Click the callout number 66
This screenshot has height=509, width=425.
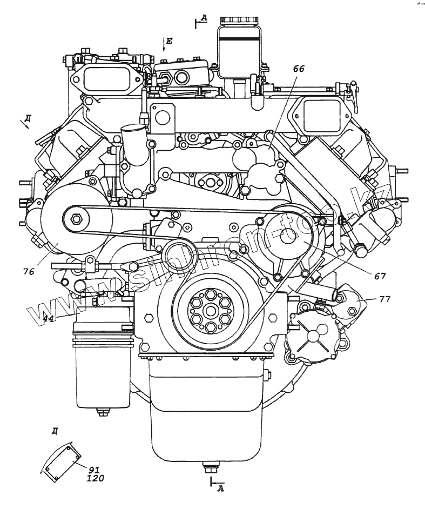(299, 69)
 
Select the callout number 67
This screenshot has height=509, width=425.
(380, 276)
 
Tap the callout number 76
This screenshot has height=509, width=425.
(29, 272)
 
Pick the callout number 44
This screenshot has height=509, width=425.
(48, 319)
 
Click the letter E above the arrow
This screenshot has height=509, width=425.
(169, 41)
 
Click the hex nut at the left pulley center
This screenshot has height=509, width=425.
(75, 219)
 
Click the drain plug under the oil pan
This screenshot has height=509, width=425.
(207, 466)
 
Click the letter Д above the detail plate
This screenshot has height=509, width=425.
(55, 431)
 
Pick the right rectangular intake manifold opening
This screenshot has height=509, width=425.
(320, 116)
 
